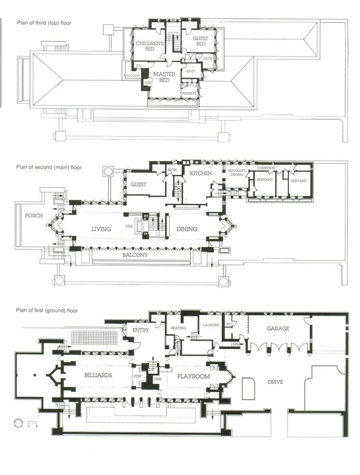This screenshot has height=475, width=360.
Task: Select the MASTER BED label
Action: [165, 77]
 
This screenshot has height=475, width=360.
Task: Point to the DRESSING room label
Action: [189, 93]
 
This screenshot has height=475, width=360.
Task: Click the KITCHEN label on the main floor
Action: [200, 173]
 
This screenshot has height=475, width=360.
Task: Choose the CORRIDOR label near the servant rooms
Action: [265, 168]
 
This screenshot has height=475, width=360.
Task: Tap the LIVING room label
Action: [101, 229]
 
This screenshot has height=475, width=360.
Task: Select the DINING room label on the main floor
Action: [187, 229]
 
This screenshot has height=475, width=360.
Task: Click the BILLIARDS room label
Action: [97, 376]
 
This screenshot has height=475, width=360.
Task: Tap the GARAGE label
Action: [278, 329]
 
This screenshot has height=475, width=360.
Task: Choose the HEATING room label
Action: [178, 328]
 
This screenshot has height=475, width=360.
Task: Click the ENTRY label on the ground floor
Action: [141, 330]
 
